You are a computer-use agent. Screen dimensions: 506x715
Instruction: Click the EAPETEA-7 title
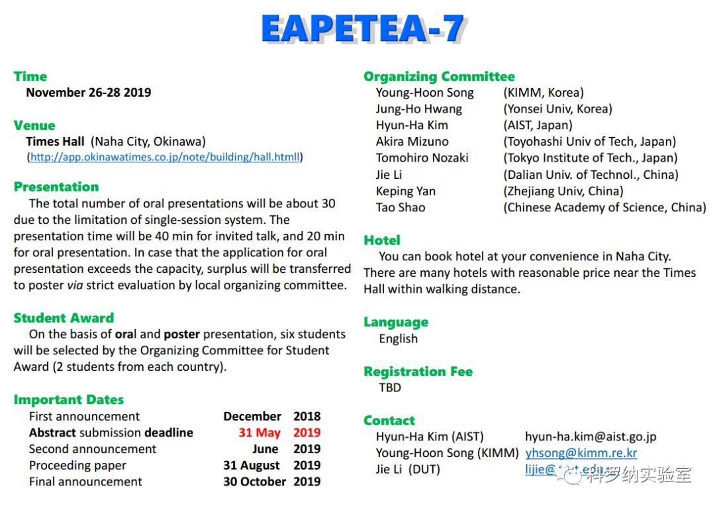pos(362,30)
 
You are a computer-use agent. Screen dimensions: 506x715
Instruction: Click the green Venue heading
pos(34,125)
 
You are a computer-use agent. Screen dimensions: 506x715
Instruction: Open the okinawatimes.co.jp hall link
pos(165,158)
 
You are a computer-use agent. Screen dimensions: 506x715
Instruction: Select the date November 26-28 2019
pos(88,93)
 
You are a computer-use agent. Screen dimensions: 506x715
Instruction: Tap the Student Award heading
pos(64,318)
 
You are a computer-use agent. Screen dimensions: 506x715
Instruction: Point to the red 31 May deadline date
pos(260,432)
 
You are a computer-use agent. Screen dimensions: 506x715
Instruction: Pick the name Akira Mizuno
pos(412,141)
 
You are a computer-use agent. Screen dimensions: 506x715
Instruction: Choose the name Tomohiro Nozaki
pos(422,158)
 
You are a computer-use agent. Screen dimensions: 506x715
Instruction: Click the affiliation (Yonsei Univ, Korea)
pos(557,109)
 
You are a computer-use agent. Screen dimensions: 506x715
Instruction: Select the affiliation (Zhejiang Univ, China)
pos(563,191)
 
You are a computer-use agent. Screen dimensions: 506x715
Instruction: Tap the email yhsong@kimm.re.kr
pos(581,453)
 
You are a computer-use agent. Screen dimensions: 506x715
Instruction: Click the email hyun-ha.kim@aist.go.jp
pos(591,436)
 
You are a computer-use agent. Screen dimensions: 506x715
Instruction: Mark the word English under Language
pos(398,338)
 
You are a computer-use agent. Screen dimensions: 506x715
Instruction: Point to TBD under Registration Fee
pos(390,387)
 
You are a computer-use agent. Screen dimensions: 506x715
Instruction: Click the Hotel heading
pos(382,240)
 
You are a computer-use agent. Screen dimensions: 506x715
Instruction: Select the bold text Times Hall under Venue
pos(55,141)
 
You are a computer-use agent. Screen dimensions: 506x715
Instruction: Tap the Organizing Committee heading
pos(439,76)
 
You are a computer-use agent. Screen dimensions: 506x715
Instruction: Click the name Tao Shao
pos(401,207)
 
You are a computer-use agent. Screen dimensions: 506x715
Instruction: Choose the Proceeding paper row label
pos(77,466)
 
